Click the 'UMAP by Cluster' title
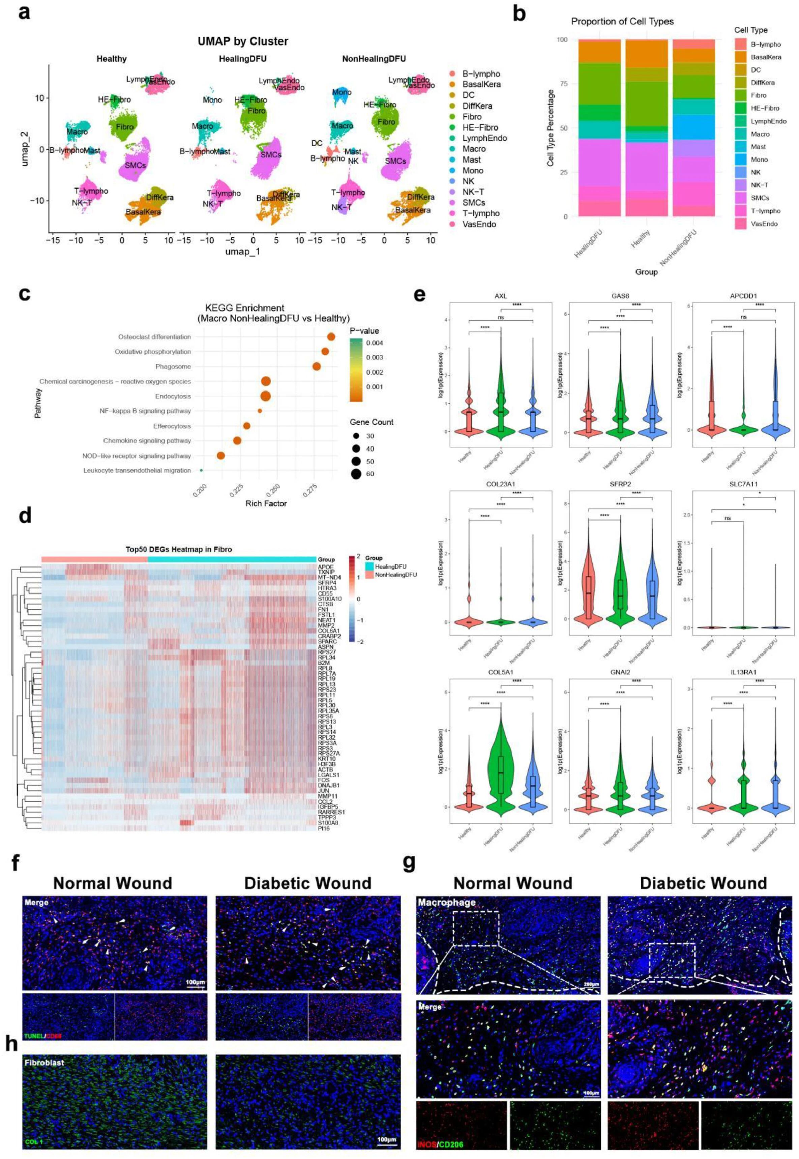tap(243, 41)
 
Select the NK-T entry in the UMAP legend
tap(473, 192)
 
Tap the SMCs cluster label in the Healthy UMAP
tap(135, 165)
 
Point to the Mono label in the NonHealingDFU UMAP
tap(342, 92)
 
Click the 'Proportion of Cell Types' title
tap(622, 22)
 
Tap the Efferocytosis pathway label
tap(172, 426)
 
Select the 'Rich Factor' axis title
tap(266, 504)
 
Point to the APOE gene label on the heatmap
tap(325, 567)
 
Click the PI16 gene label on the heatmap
tap(323, 829)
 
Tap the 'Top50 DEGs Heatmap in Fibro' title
tap(179, 549)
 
